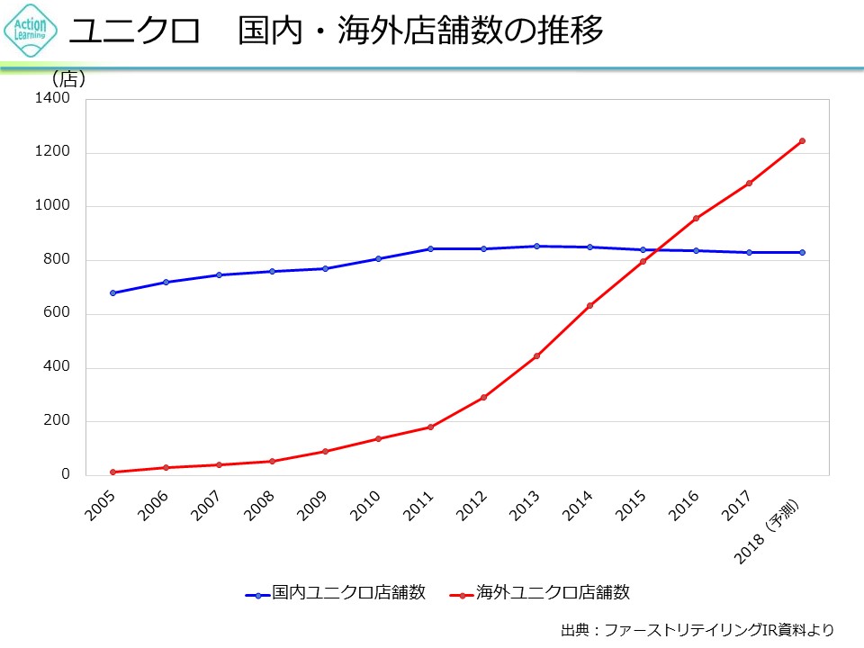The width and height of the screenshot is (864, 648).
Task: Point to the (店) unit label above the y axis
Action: (x=68, y=79)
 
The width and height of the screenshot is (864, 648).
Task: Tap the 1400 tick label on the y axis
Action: (x=52, y=98)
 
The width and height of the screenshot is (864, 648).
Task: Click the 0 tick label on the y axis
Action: (x=65, y=474)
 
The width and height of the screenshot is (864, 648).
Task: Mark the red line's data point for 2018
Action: (x=802, y=140)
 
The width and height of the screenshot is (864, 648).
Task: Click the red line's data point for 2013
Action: (x=536, y=356)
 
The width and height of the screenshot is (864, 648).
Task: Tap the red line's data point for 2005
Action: (x=112, y=472)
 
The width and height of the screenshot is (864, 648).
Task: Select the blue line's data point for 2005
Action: (x=112, y=292)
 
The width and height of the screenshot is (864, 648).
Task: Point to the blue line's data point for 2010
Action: (x=378, y=258)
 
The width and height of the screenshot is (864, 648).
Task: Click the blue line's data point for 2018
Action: (x=802, y=252)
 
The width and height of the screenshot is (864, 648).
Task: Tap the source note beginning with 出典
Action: (x=697, y=629)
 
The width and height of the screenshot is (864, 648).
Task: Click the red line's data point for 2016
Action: (x=696, y=218)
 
